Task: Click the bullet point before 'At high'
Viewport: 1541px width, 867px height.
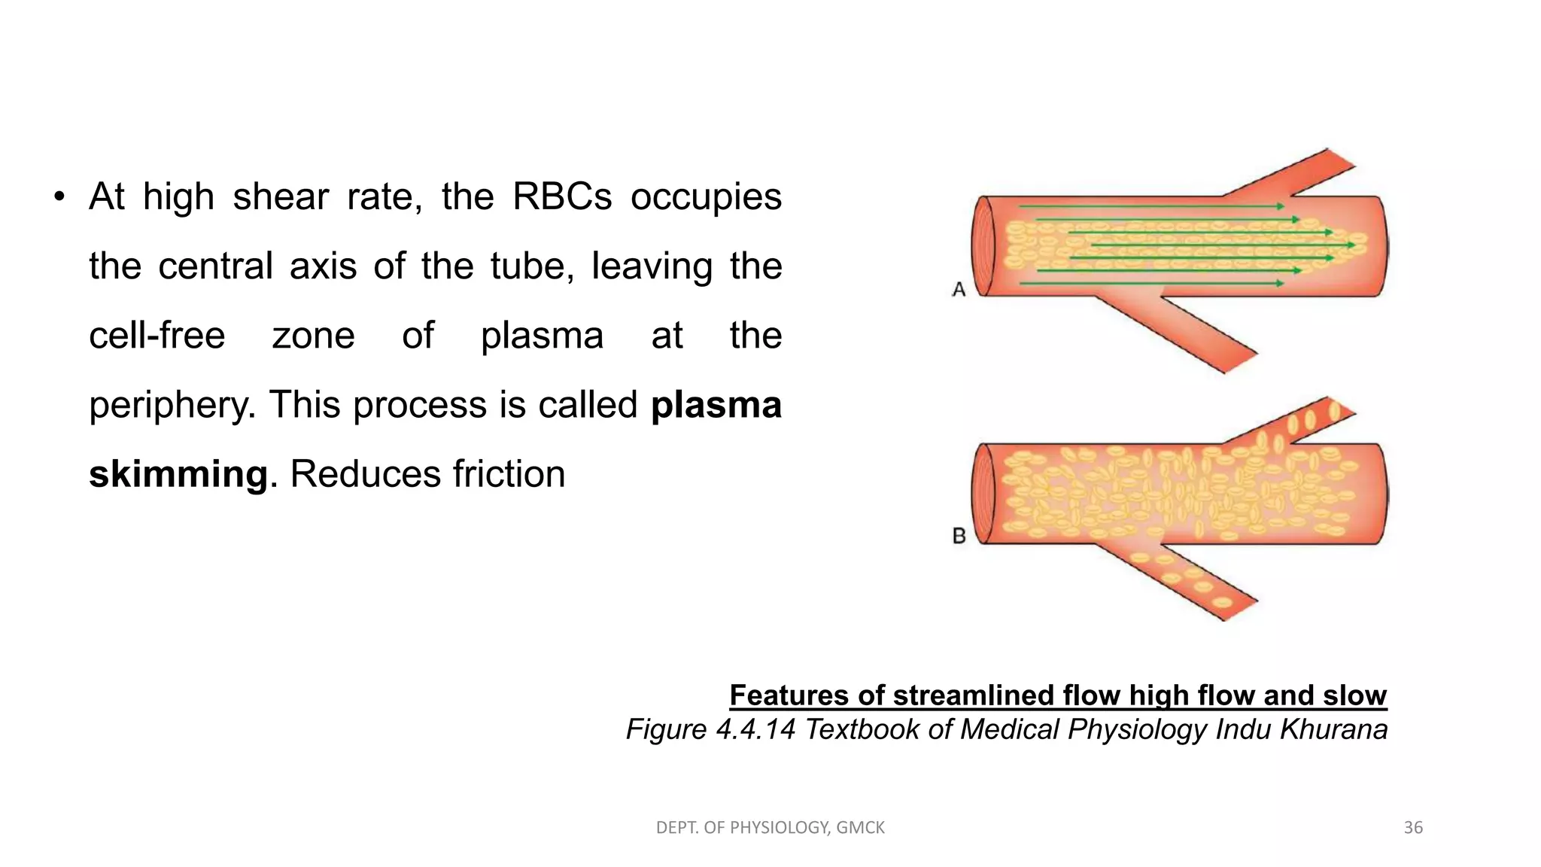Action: click(x=59, y=198)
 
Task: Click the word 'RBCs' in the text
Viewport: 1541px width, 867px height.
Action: click(x=562, y=197)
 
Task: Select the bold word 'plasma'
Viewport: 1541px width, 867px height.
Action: click(x=716, y=405)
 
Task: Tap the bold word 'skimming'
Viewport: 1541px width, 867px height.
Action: click(x=178, y=474)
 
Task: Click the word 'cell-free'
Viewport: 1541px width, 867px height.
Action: click(x=157, y=336)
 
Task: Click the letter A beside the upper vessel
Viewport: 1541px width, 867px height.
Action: click(x=959, y=289)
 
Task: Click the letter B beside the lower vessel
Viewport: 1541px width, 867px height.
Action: click(x=959, y=536)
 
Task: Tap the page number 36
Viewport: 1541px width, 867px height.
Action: click(x=1413, y=828)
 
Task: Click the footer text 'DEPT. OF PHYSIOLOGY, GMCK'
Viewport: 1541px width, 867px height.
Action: click(x=770, y=828)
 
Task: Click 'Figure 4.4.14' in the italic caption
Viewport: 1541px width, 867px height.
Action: click(x=710, y=729)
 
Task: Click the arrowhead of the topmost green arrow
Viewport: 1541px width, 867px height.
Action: click(x=1281, y=206)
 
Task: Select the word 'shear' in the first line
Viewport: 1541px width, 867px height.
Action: click(x=280, y=197)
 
